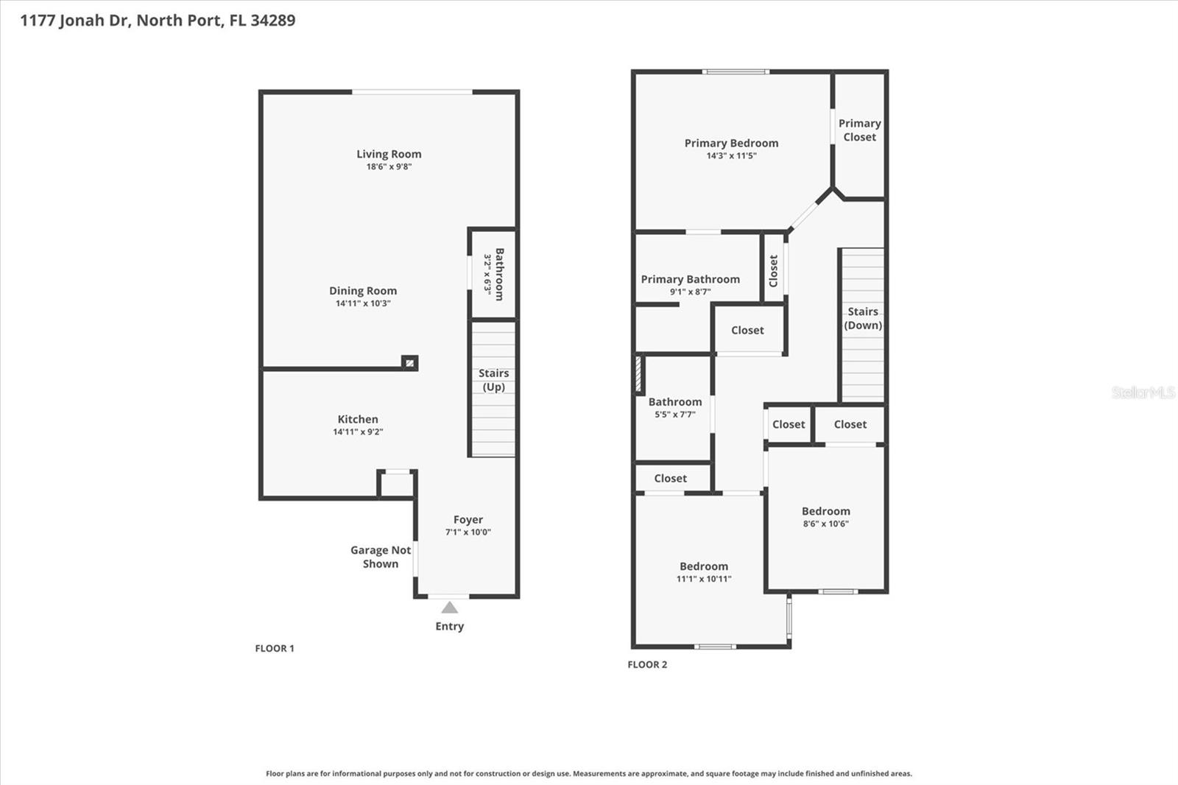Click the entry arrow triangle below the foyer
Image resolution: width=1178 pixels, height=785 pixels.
tap(450, 608)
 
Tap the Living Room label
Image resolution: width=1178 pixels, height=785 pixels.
tap(389, 154)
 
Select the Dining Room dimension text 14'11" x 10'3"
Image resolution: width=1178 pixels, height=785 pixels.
tap(363, 303)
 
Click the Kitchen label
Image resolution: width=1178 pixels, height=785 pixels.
tap(358, 419)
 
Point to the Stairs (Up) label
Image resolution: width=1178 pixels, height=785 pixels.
tap(493, 380)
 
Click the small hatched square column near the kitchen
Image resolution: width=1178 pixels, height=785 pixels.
tap(410, 362)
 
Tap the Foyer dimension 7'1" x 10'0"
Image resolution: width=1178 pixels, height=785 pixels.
tap(468, 532)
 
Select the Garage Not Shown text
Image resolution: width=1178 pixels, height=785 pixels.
tap(381, 557)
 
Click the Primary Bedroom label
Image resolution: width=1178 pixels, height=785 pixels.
tap(731, 143)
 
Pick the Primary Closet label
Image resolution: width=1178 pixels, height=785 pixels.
tap(859, 130)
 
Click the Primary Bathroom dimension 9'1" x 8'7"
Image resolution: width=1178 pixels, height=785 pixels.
tap(690, 292)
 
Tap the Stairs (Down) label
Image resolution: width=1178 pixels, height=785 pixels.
tap(863, 318)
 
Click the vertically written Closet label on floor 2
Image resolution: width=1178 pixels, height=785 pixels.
tap(773, 270)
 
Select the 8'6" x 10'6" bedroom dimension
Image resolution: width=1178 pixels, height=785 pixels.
tap(825, 524)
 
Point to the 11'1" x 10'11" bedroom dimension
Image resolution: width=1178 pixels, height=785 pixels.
tap(704, 580)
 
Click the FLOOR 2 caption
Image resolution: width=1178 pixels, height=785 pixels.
tap(647, 664)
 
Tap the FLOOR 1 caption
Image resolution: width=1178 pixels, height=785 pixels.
tap(275, 648)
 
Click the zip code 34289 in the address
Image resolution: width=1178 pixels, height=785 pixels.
tap(272, 20)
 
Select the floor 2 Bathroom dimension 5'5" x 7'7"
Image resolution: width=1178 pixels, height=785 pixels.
tap(674, 415)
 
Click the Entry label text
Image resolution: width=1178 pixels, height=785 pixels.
tap(449, 626)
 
